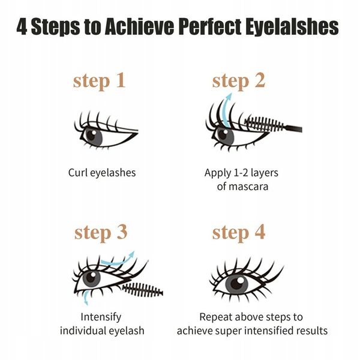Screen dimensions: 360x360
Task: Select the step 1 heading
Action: [x=99, y=81]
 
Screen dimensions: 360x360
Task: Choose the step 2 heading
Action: [x=238, y=81]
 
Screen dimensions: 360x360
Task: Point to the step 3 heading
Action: [x=100, y=232]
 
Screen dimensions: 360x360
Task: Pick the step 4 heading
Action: [x=238, y=232]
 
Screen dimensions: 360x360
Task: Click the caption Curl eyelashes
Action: [x=101, y=173]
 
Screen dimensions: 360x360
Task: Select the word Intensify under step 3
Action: [x=101, y=317]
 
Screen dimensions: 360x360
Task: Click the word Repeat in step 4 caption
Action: [x=215, y=317]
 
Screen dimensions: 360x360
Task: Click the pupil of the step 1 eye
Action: [x=91, y=134]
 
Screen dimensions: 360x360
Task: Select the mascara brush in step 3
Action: [x=142, y=290]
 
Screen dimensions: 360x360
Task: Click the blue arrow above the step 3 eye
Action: [x=118, y=260]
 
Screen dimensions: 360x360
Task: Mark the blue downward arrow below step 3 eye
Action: [x=86, y=296]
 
